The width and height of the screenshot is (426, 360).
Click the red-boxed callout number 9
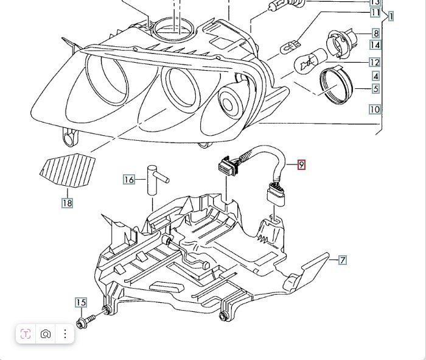click(301, 164)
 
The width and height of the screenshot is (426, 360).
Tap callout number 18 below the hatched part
click(67, 203)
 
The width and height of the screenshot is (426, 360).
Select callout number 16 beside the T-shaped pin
click(128, 179)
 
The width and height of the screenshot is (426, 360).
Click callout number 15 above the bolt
click(81, 302)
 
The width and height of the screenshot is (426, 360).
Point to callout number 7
click(343, 260)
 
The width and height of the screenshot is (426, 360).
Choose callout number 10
click(374, 110)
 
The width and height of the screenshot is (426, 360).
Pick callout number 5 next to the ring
click(376, 89)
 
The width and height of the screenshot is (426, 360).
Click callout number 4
click(376, 76)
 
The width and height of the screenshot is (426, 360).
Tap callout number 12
click(374, 62)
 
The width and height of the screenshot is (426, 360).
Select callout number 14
click(375, 44)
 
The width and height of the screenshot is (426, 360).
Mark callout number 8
click(376, 34)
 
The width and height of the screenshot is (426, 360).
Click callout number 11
click(375, 12)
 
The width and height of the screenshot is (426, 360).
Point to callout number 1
click(391, 16)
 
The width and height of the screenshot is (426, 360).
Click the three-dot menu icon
click(65, 334)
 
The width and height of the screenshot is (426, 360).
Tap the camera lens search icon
click(46, 334)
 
